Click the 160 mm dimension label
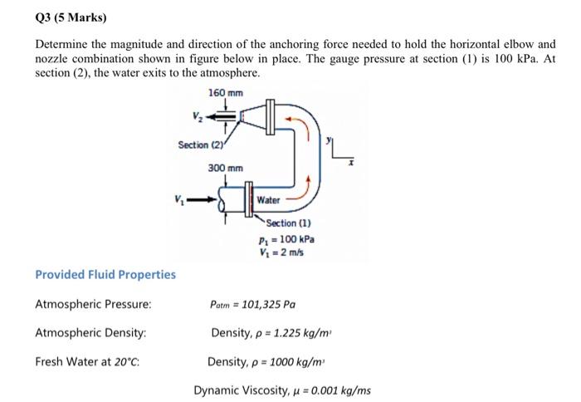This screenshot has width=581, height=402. [226, 92]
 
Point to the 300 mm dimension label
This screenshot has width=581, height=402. [226, 169]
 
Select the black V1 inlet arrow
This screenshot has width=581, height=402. [201, 199]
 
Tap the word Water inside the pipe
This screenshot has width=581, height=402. [269, 200]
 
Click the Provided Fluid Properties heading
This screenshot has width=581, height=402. [105, 275]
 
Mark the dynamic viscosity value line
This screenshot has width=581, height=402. [282, 390]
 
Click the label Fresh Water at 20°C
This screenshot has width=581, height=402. [86, 361]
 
